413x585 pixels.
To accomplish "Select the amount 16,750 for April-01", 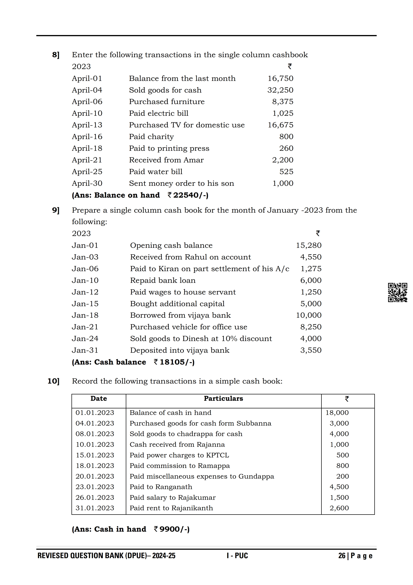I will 280,79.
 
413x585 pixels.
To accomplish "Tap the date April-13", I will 87,125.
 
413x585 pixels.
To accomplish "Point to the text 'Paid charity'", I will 151,137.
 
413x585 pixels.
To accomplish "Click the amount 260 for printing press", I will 286,148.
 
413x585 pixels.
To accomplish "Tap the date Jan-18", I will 85,316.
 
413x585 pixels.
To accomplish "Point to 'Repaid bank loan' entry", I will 163,280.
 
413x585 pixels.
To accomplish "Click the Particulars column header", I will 223,399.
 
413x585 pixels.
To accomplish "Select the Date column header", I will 99,399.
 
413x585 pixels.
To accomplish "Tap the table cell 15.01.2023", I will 95,455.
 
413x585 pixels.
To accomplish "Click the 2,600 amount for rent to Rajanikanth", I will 339,508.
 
